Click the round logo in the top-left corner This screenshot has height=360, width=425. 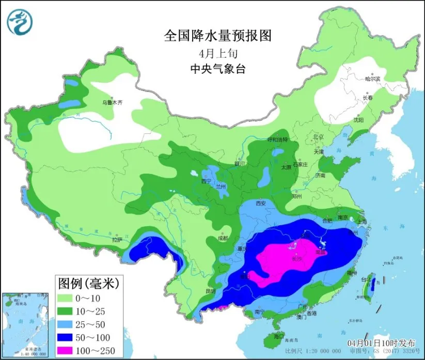point(19,22)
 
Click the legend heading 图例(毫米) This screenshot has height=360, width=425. point(88,283)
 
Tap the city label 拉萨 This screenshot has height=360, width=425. point(117,240)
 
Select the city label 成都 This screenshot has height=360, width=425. point(223,239)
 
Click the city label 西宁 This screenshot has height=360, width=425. point(206,181)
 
